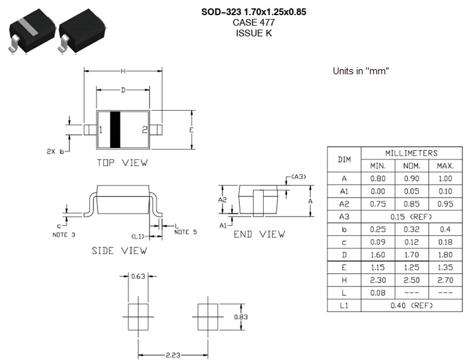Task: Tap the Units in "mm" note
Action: tap(361, 71)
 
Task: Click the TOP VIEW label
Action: tap(122, 162)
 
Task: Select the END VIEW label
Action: tap(259, 234)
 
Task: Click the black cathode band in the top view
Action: tap(115, 130)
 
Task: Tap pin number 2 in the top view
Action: tap(144, 130)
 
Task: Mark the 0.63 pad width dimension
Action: tap(138, 275)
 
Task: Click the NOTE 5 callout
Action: tap(185, 232)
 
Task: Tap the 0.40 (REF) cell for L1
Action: tap(412, 306)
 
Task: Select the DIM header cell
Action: tap(344, 159)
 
